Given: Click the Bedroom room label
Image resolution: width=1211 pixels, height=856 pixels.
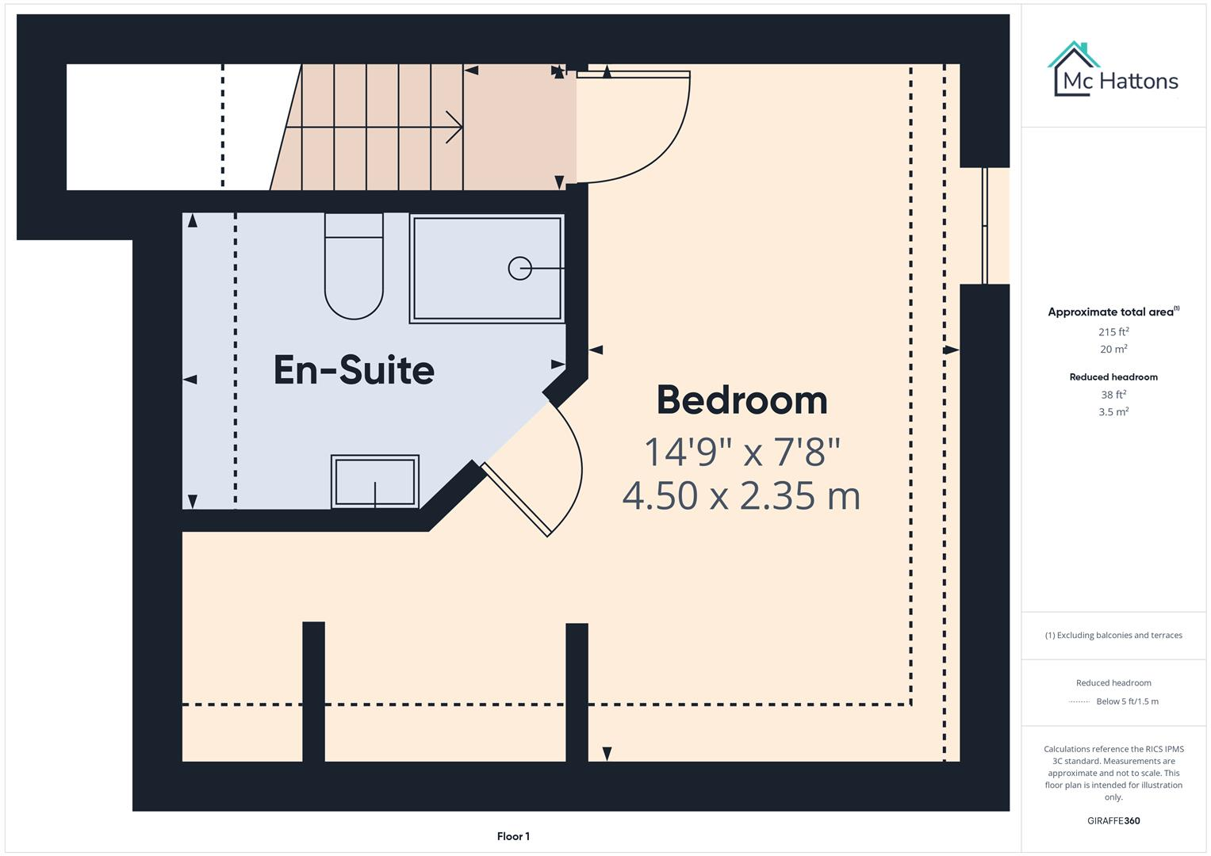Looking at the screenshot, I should [x=742, y=400].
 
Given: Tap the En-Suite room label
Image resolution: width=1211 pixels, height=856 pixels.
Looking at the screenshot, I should [x=354, y=370].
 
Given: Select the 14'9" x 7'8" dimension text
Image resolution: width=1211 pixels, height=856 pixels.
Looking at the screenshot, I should [x=742, y=453].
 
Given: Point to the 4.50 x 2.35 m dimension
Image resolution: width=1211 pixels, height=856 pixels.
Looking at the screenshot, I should [x=742, y=497].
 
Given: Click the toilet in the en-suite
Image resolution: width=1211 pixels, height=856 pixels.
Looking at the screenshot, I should [x=354, y=269].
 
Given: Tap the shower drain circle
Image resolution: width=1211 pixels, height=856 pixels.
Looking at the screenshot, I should [x=519, y=269].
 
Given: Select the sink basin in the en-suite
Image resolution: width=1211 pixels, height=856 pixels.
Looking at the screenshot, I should [x=375, y=482].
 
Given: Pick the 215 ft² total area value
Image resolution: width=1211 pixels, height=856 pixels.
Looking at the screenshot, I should [x=1113, y=332].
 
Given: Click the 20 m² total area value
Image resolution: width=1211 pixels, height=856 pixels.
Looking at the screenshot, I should [x=1113, y=350].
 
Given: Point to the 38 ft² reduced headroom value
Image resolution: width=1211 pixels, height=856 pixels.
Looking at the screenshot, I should [x=1113, y=395].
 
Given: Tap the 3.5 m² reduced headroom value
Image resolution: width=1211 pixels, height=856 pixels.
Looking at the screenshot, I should [x=1113, y=412].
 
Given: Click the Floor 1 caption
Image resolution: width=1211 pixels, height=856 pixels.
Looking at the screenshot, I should [x=513, y=836].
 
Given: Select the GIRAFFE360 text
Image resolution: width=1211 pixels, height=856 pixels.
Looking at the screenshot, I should [x=1113, y=821].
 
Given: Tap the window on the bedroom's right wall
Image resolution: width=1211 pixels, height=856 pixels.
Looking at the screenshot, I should [x=985, y=226].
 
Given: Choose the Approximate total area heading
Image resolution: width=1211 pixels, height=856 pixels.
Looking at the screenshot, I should [x=1111, y=312].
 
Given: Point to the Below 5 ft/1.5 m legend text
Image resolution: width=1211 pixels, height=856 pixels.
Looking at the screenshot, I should [x=1127, y=701].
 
